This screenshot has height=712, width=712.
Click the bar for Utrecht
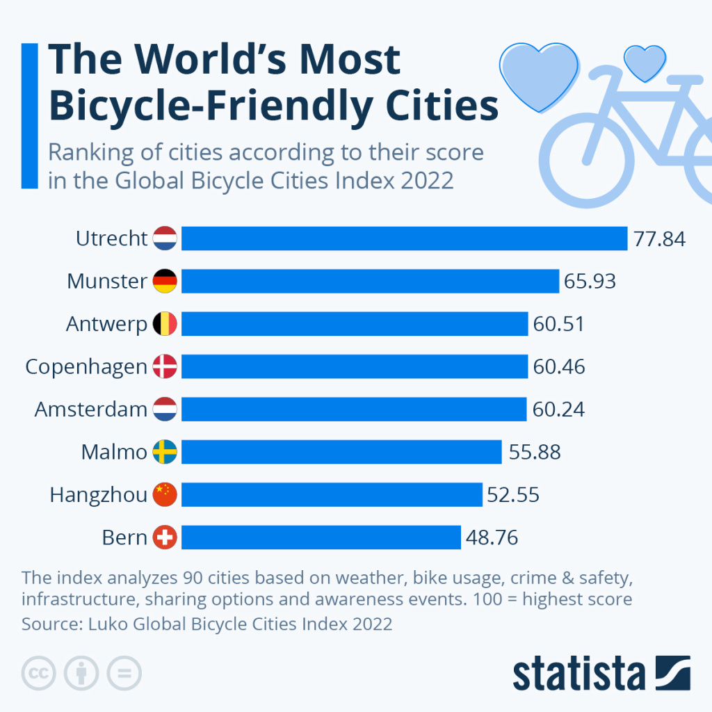404,238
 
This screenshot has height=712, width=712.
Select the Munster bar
370,282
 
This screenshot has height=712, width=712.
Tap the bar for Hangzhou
332,495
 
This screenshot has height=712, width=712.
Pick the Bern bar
321,537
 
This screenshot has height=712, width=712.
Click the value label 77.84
659,239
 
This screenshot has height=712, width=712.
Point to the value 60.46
559,367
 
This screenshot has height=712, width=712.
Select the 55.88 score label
535,453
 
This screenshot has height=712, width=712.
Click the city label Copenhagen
86,367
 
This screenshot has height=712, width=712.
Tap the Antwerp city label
106,325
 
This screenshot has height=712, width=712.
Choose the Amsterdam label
91,410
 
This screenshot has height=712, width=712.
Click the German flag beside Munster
165,282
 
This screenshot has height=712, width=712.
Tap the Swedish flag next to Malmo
165,453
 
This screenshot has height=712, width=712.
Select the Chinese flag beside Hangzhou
165,495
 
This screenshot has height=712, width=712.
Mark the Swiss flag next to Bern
165,537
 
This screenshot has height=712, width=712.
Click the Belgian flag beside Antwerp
165,325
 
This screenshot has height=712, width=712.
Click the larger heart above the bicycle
540,74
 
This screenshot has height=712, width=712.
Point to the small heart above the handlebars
642,63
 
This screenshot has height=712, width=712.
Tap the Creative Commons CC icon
39,672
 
